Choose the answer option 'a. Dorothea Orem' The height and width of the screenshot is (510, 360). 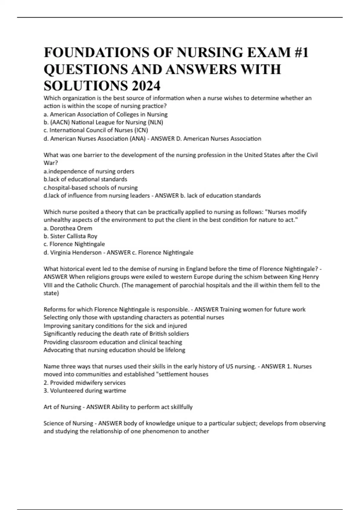[68, 228]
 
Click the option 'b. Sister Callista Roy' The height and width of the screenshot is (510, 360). [70, 236]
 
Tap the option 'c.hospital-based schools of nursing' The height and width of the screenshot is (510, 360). [91, 187]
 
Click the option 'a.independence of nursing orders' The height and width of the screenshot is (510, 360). [89, 171]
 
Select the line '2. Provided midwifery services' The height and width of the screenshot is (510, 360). [85, 382]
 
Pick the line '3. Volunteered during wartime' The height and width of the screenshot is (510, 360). [85, 391]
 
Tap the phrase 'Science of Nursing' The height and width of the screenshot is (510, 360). [68, 423]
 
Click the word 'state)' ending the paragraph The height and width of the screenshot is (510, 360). [51, 293]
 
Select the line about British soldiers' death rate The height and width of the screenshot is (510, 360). [116, 334]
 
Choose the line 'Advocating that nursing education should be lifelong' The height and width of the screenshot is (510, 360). [114, 350]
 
